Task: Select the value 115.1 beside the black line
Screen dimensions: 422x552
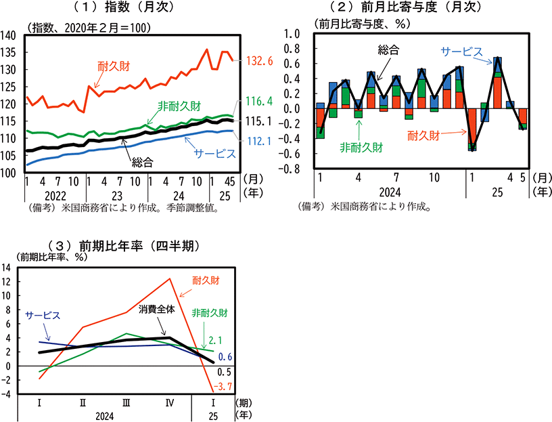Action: click(258, 121)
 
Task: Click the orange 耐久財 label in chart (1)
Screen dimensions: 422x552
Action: click(113, 66)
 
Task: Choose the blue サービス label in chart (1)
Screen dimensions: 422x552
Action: click(214, 154)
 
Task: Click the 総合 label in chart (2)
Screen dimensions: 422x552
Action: click(388, 49)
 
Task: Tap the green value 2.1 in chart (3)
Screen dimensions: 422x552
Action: click(216, 339)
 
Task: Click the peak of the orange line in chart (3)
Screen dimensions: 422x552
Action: click(170, 278)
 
